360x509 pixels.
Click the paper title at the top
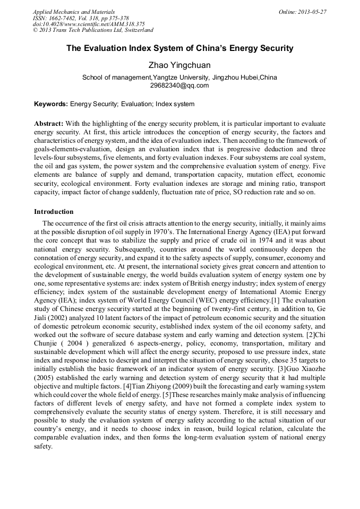click(179, 48)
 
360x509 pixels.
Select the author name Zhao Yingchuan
click(179, 65)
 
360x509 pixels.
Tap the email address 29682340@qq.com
click(179, 85)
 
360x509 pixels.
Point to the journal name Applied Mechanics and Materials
click(74, 12)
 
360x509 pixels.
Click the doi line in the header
click(89, 24)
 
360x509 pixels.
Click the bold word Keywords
click(51, 104)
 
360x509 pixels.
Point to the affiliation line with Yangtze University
click(179, 77)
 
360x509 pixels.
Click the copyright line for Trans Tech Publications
click(93, 31)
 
